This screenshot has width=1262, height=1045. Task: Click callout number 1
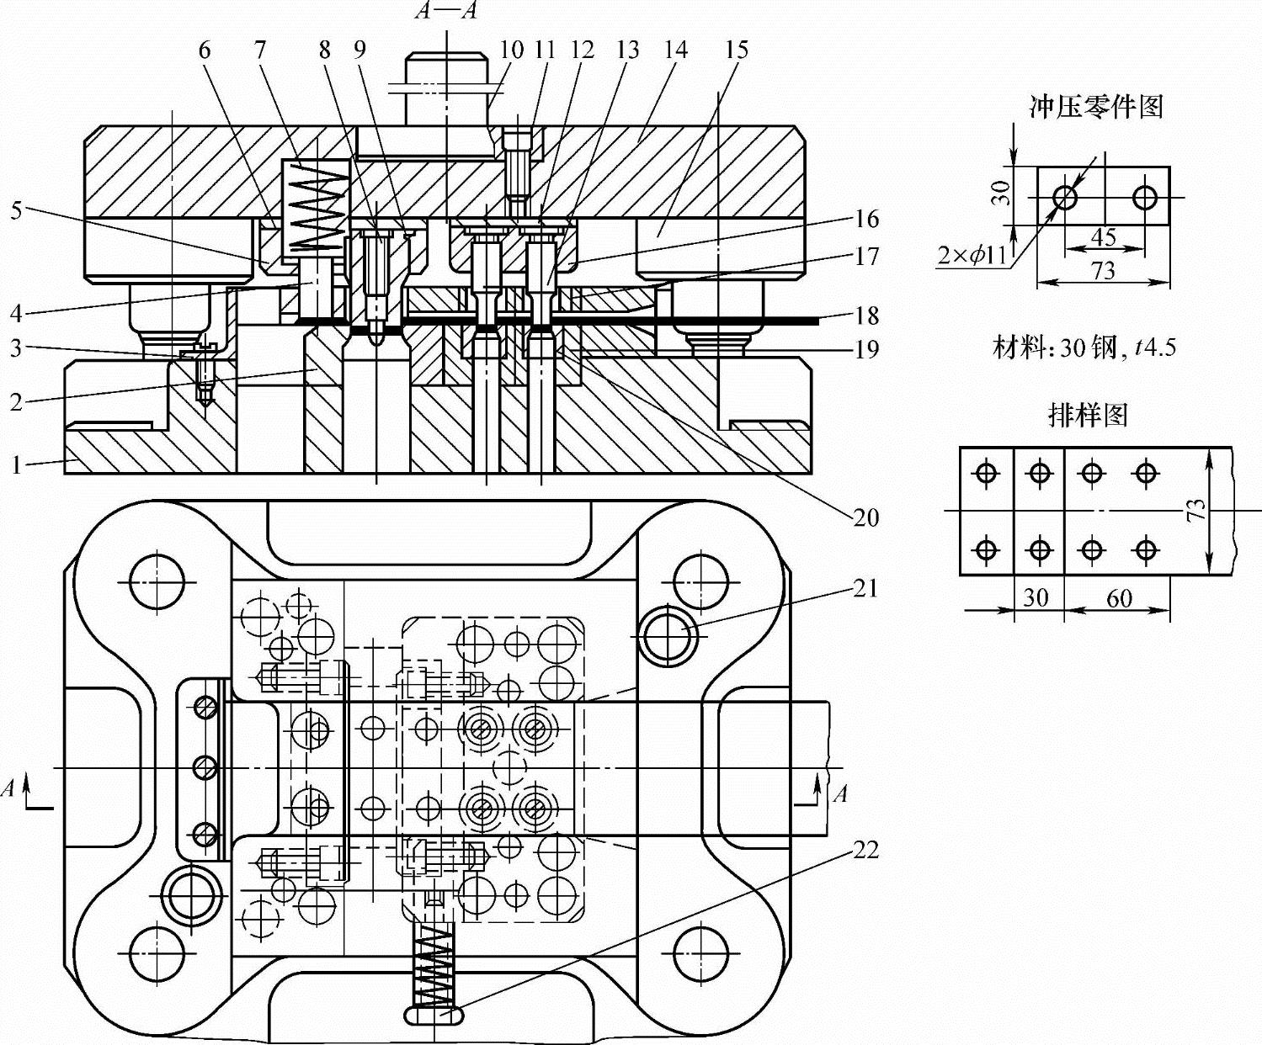click(16, 464)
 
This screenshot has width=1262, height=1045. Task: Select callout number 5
click(16, 209)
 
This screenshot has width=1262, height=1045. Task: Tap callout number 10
click(511, 50)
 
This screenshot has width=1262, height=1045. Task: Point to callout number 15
click(736, 50)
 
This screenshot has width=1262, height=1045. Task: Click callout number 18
click(866, 316)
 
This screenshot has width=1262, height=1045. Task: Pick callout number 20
click(866, 517)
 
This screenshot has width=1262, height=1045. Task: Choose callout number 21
click(865, 588)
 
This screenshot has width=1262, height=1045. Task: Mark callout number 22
click(865, 850)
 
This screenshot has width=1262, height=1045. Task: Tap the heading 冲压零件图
click(1096, 107)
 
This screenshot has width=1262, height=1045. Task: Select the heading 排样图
click(1088, 415)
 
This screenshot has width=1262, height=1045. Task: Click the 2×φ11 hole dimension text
click(972, 254)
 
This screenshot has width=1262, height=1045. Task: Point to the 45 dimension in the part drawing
click(1103, 237)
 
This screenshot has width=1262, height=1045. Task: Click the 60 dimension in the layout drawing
click(1118, 598)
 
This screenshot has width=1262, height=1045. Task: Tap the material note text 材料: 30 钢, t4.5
click(1084, 347)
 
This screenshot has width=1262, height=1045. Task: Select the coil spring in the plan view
click(434, 964)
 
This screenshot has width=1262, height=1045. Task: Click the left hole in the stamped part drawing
click(1065, 198)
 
